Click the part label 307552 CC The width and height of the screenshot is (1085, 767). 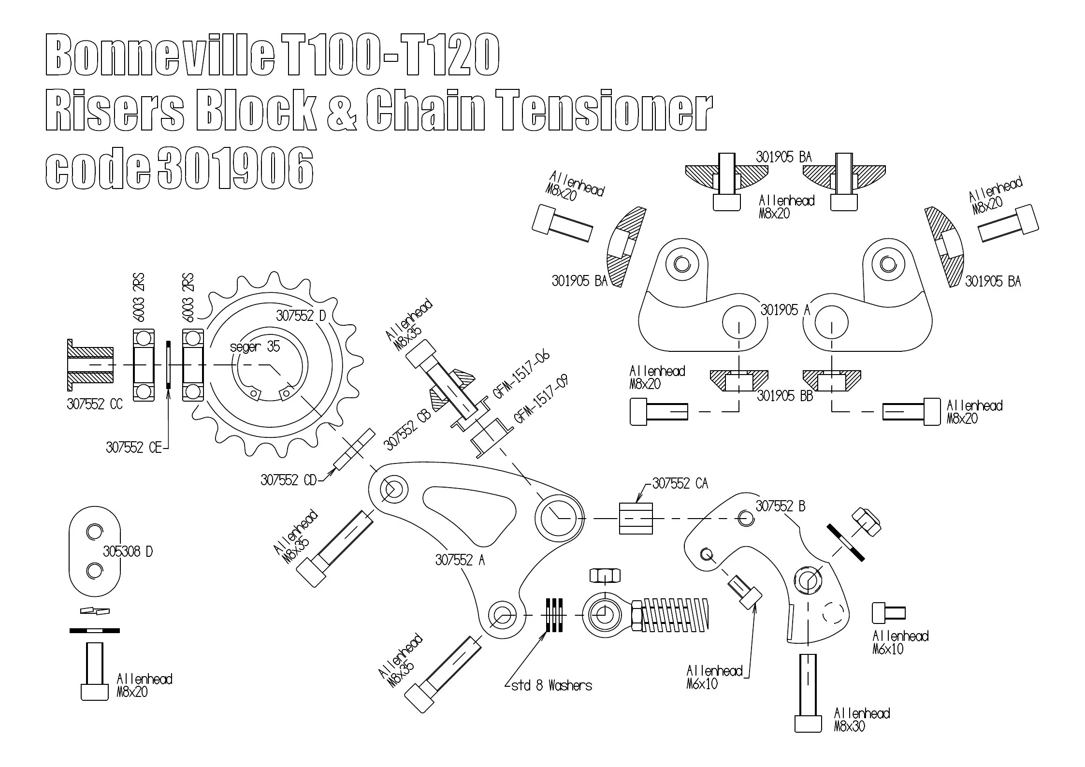pyautogui.click(x=95, y=404)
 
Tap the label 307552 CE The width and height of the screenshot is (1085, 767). pyautogui.click(x=134, y=448)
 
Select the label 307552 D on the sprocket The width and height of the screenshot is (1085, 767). pyautogui.click(x=301, y=316)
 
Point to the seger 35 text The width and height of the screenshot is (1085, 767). pyautogui.click(x=255, y=347)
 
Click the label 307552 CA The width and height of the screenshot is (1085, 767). pyautogui.click(x=680, y=483)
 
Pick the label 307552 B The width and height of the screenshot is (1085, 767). pyautogui.click(x=781, y=506)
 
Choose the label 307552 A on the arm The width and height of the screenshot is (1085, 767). pyautogui.click(x=460, y=560)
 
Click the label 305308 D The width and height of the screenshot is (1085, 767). pyautogui.click(x=128, y=551)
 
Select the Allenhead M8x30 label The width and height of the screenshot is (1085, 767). pyautogui.click(x=862, y=720)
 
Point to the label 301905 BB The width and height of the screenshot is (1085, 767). pyautogui.click(x=785, y=396)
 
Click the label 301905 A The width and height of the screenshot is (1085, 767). pyautogui.click(x=785, y=310)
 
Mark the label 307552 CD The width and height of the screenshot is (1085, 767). pyautogui.click(x=288, y=480)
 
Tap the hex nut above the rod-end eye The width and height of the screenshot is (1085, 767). pyautogui.click(x=605, y=576)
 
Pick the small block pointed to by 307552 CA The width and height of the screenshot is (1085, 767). pyautogui.click(x=636, y=518)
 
